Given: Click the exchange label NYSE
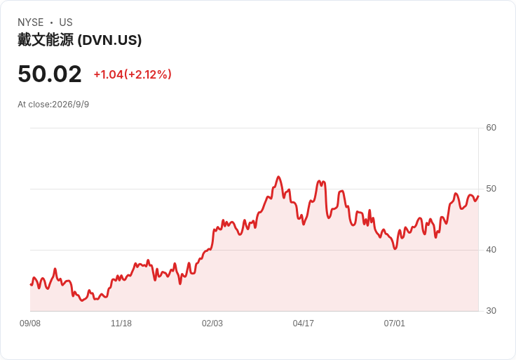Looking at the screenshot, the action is [31, 22].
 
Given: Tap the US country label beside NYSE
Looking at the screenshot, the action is [66, 22].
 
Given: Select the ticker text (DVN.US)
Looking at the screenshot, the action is [110, 40].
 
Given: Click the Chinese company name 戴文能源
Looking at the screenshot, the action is [46, 40].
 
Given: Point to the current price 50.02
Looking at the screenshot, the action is [50, 74].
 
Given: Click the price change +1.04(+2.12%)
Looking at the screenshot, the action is [133, 74].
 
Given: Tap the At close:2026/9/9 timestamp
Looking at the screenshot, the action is [53, 105].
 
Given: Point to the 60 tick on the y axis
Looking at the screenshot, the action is [491, 128].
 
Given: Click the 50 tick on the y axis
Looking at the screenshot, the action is [491, 189].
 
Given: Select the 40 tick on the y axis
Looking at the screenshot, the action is [491, 250].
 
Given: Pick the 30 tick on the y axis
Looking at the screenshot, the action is [491, 311].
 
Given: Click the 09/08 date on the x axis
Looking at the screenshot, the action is [30, 324].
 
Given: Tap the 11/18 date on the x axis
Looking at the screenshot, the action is [121, 324].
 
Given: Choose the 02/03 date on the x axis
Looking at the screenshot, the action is [212, 324].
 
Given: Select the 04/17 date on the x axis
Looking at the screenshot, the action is [303, 324].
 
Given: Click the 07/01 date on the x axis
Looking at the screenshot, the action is [394, 324].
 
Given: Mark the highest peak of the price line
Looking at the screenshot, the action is [278, 177].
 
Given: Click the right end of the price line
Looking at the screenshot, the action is [478, 196].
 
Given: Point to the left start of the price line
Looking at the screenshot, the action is [31, 284].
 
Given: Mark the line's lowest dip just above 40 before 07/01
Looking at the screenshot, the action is [395, 248].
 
